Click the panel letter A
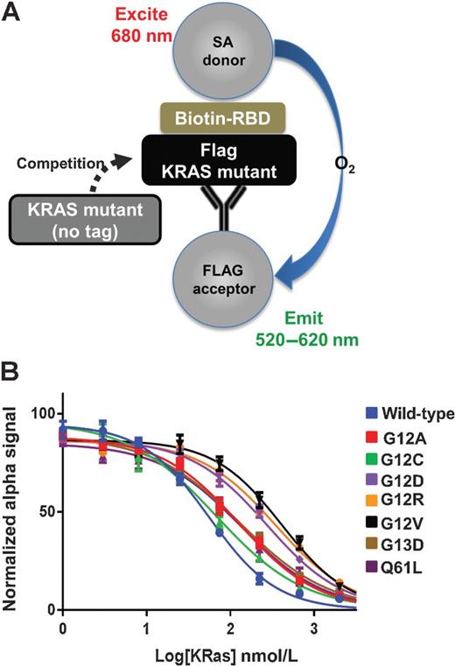click(x=11, y=11)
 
